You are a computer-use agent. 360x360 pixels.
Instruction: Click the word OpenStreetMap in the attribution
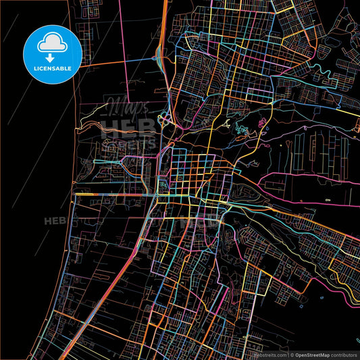click(315, 355)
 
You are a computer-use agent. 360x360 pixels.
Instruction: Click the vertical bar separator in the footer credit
click(288, 355)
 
